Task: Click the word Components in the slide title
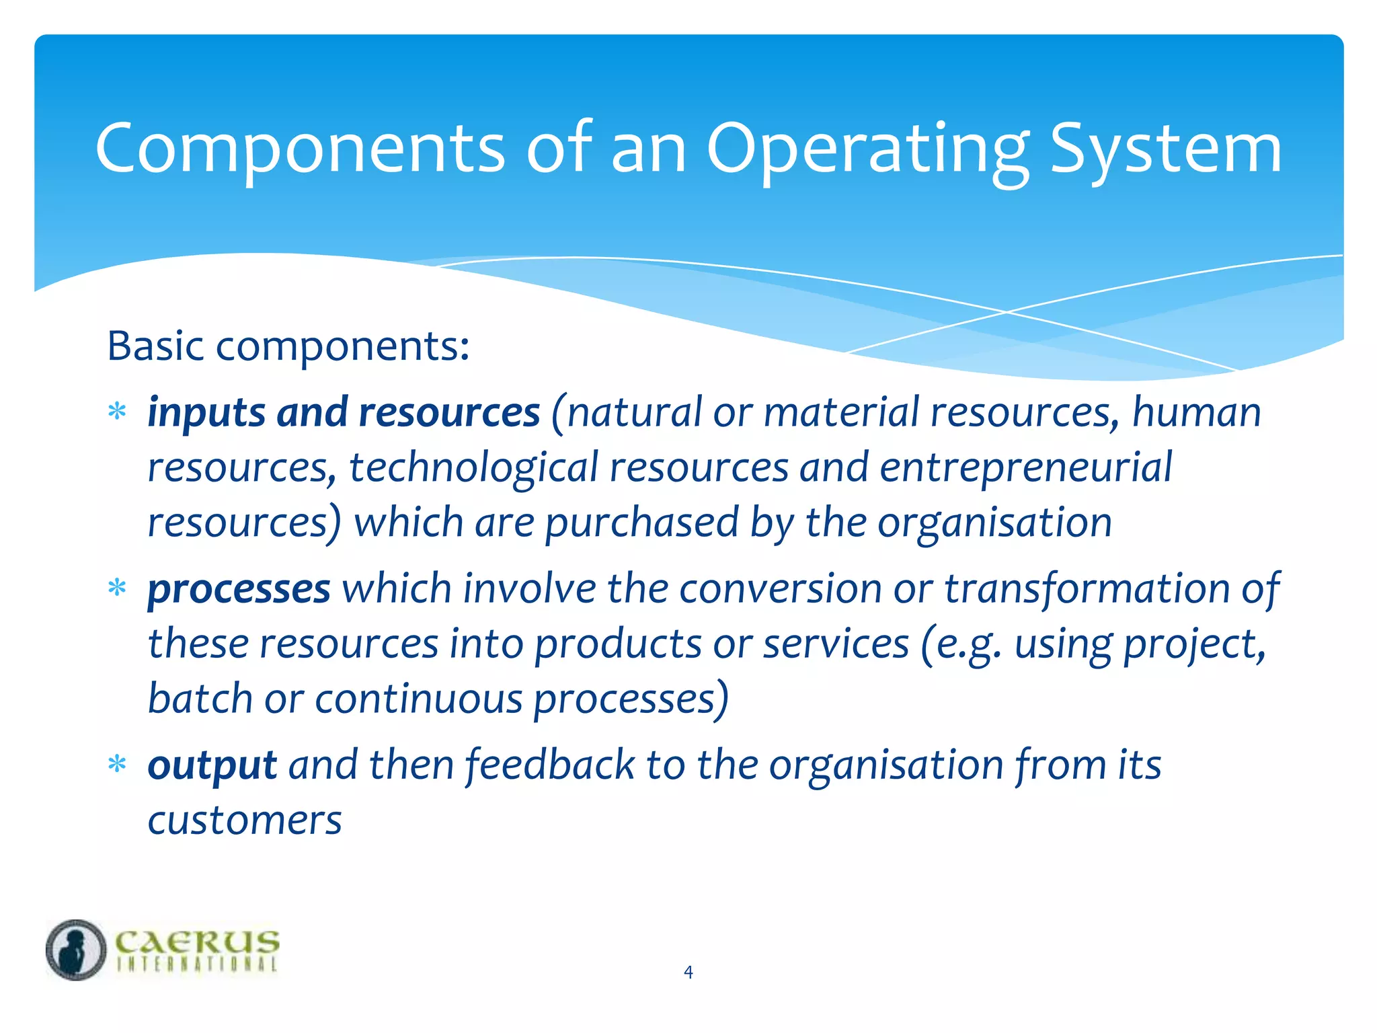[300, 149]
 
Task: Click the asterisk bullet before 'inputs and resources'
[118, 412]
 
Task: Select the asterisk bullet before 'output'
[118, 765]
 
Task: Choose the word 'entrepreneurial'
[1025, 467]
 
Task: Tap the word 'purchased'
[641, 523]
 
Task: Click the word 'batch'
[200, 699]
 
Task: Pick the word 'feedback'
[550, 765]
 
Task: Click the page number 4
[688, 972]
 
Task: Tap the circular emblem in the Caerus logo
[76, 950]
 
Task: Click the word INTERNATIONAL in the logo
[197, 964]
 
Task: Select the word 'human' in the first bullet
[1196, 412]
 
